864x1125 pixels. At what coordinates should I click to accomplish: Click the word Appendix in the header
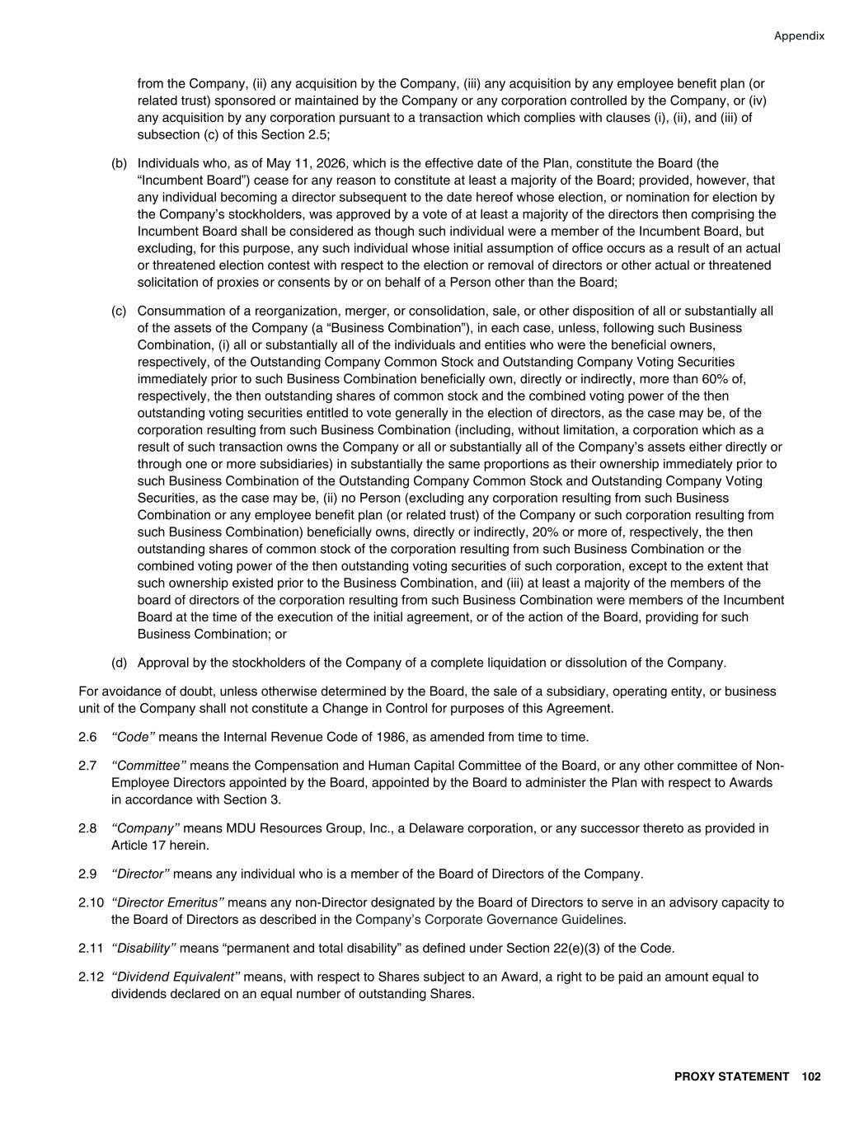pyautogui.click(x=799, y=36)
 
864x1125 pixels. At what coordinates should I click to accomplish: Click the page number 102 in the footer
pyautogui.click(x=811, y=1076)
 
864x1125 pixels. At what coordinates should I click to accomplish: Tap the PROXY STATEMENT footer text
pyautogui.click(x=731, y=1076)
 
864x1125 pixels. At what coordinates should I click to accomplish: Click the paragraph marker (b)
pyautogui.click(x=119, y=163)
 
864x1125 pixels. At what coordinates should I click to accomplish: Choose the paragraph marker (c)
pyautogui.click(x=119, y=311)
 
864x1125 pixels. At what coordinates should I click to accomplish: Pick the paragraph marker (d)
pyautogui.click(x=119, y=663)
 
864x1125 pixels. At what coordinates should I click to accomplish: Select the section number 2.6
pyautogui.click(x=87, y=737)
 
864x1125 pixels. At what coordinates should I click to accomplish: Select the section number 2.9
pyautogui.click(x=87, y=874)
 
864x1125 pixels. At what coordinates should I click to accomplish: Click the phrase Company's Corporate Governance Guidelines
pyautogui.click(x=489, y=920)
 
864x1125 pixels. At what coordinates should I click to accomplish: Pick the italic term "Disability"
pyautogui.click(x=143, y=949)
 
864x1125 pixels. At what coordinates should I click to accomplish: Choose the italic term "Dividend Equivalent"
pyautogui.click(x=176, y=977)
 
